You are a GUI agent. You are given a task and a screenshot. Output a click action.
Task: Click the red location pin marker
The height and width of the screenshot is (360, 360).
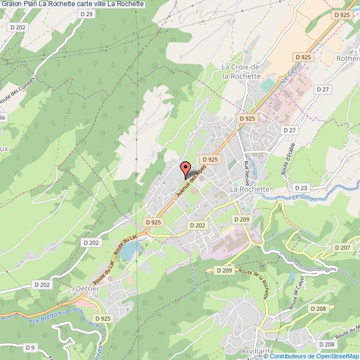point(186,168)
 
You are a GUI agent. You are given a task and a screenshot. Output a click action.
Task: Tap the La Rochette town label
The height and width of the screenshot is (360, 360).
point(249,189)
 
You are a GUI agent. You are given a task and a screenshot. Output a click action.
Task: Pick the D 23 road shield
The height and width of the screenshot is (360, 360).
point(301,188)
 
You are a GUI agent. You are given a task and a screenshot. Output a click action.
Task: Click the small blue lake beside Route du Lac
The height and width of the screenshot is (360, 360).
point(127,252)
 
